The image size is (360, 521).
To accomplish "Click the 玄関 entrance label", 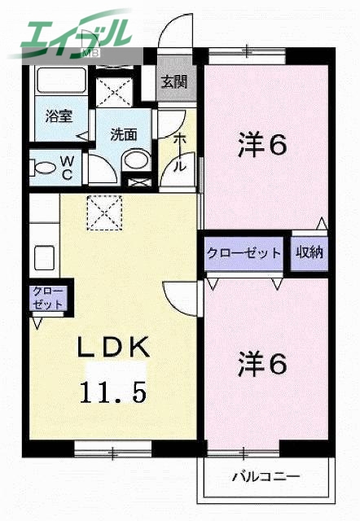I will (x=172, y=81).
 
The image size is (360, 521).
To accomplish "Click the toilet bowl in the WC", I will (x=45, y=169).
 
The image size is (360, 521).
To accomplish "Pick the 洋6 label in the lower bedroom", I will (x=262, y=363).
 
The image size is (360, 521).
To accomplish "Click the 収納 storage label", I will (x=310, y=252).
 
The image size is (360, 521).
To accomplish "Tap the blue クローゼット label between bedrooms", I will (x=244, y=252).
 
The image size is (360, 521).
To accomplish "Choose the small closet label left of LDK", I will (x=48, y=297).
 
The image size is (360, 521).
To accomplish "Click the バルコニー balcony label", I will (x=265, y=475).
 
